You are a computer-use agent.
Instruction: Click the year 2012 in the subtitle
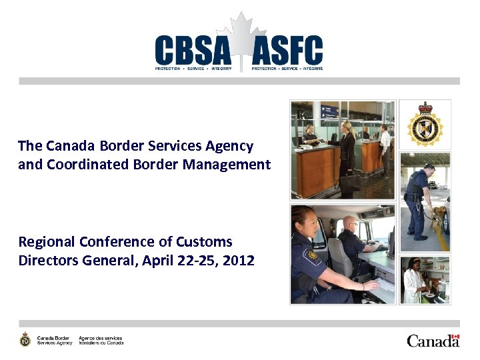pyautogui.click(x=239, y=260)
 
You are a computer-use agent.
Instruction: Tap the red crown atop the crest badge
pyautogui.click(x=425, y=107)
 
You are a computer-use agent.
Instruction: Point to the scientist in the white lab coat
pyautogui.click(x=414, y=283)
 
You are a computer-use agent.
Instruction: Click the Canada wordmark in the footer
pyautogui.click(x=433, y=341)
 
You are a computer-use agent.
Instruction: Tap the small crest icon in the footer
pyautogui.click(x=25, y=339)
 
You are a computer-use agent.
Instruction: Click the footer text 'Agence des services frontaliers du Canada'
pyautogui.click(x=101, y=340)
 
